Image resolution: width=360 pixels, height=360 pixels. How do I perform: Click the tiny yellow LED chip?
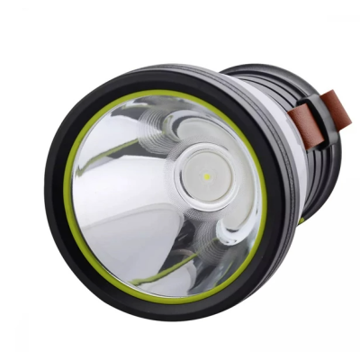click(x=206, y=177)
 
